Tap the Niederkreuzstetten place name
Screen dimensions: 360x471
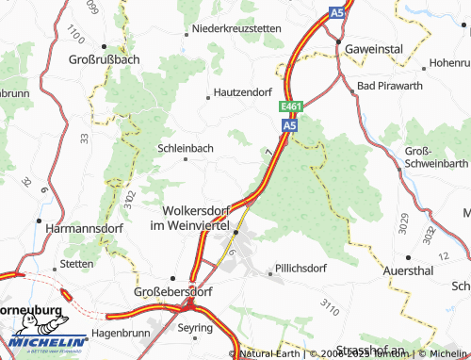(235, 29)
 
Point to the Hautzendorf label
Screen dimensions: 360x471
(250, 93)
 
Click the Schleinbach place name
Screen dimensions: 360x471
(186, 148)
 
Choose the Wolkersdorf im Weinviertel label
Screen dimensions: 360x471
(203, 218)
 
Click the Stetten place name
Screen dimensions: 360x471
(76, 264)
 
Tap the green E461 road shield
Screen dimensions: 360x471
(290, 108)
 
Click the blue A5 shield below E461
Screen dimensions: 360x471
(290, 123)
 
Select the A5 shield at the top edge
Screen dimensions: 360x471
(337, 12)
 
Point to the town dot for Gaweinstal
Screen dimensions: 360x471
(337, 42)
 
